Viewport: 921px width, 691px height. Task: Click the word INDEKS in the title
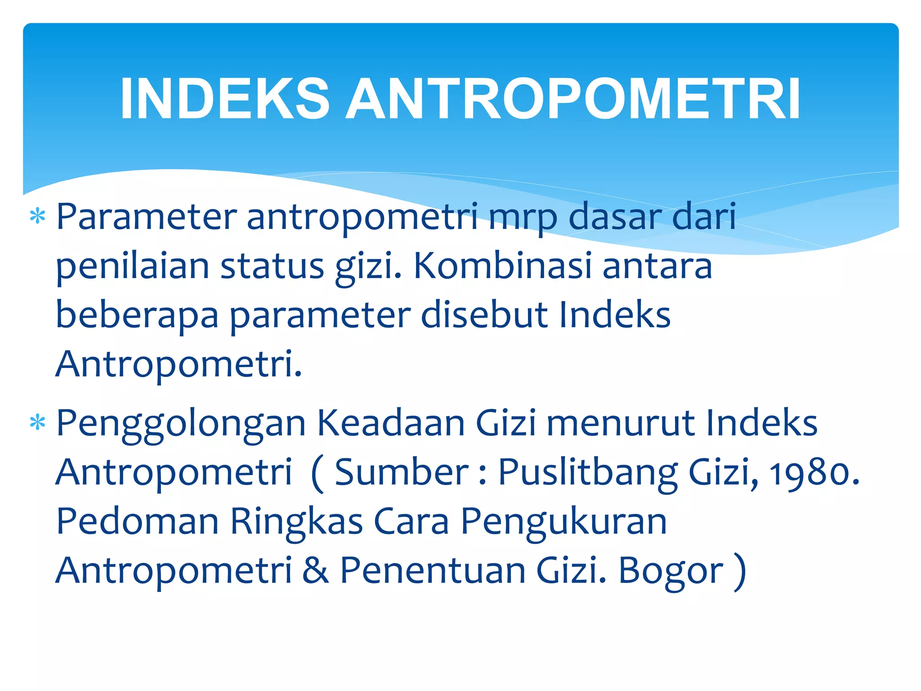pos(225,99)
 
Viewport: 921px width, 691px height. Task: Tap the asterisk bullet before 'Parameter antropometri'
pos(38,217)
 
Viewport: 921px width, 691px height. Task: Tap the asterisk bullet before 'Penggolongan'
pos(38,423)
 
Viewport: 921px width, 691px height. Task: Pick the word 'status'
pos(272,266)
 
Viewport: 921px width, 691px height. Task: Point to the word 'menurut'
pos(621,424)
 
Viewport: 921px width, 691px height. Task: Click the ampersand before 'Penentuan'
pos(316,570)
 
